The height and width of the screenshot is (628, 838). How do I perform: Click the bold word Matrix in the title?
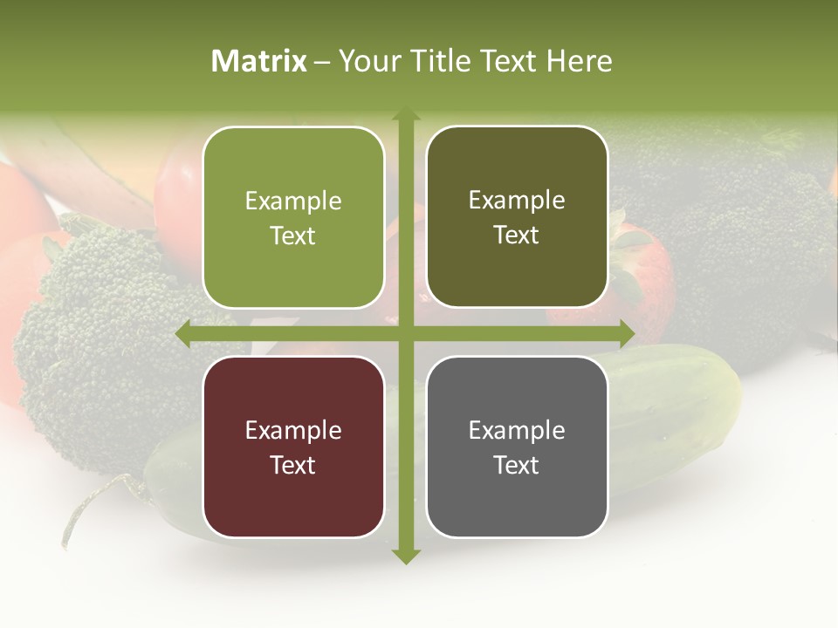coord(259,61)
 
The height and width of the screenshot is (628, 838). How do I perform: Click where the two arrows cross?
coord(405,334)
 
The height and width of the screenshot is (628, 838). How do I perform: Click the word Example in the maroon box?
coord(293,430)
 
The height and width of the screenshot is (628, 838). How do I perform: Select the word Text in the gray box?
coord(517,465)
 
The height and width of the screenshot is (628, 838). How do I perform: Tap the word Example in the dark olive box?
coord(517,201)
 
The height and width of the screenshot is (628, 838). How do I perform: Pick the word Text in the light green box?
coord(293,235)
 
